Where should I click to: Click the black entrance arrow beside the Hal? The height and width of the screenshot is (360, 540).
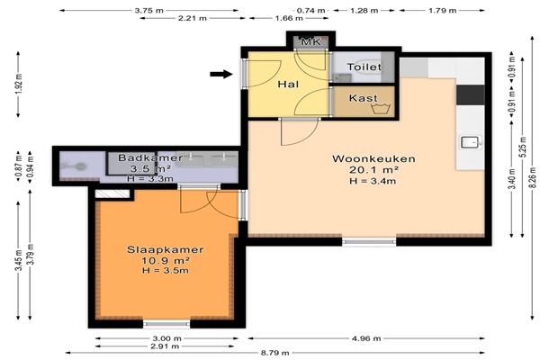[221, 74]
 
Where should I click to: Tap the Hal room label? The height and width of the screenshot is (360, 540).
[288, 84]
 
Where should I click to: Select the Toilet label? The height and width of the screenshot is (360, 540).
[364, 67]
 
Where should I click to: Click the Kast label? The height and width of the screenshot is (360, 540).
[363, 98]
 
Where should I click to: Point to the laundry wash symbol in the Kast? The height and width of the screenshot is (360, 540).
[381, 108]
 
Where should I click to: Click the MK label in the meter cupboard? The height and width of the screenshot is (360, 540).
[311, 41]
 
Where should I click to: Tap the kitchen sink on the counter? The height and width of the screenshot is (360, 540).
[470, 142]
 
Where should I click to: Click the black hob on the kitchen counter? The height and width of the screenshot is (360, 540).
[471, 95]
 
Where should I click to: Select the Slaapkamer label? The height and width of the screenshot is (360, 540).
[166, 250]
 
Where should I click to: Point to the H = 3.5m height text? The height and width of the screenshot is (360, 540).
[166, 270]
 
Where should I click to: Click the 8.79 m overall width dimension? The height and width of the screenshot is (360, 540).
[274, 353]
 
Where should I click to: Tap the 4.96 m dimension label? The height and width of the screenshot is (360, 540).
[366, 338]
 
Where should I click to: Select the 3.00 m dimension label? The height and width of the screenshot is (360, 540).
[166, 338]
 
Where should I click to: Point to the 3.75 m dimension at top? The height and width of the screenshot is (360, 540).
[148, 11]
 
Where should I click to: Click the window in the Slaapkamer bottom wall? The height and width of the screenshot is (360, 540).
[166, 324]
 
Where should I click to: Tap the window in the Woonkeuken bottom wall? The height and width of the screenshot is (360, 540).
[369, 242]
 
